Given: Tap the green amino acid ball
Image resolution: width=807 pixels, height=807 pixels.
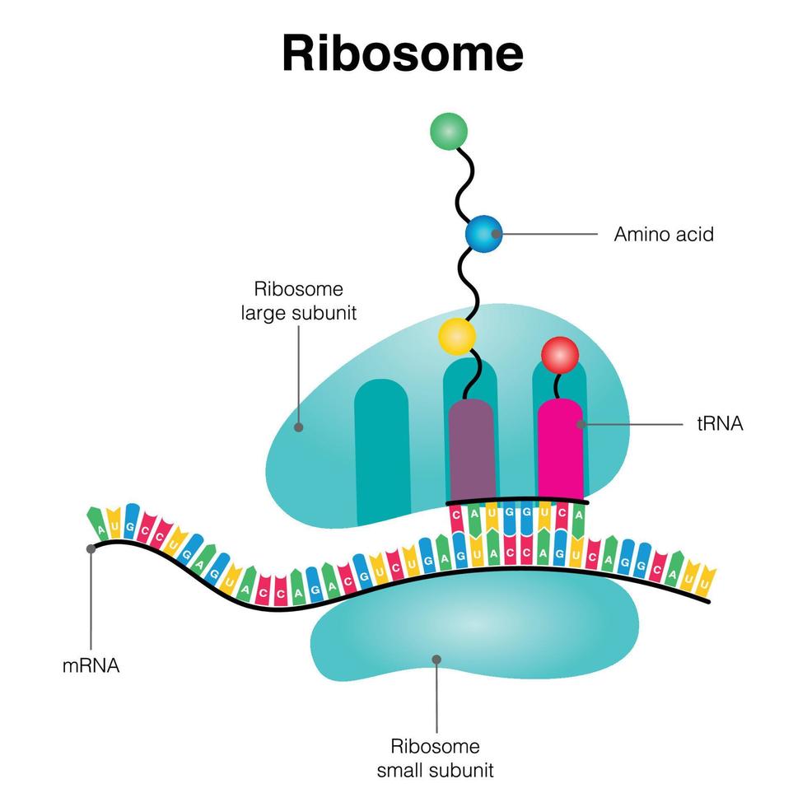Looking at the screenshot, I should click(449, 131).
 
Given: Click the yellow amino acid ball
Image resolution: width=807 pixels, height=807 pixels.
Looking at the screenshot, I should click(457, 336).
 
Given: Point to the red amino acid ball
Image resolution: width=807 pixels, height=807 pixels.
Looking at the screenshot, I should click(560, 355).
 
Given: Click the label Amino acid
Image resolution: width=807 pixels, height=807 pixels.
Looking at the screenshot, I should click(664, 234).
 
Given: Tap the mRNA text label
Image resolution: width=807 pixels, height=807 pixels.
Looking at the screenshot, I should click(91, 665).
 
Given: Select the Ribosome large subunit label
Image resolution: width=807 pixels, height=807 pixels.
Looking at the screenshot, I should click(298, 301).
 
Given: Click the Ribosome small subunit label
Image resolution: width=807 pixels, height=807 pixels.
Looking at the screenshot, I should click(436, 758).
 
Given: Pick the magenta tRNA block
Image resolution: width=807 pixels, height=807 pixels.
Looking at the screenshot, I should click(560, 449).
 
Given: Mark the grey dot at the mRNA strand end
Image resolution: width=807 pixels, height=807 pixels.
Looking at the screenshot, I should click(91, 548).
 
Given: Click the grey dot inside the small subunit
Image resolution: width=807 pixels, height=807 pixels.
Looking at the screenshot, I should click(436, 659).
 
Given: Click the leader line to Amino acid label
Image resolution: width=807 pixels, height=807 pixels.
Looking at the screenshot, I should click(548, 234).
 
